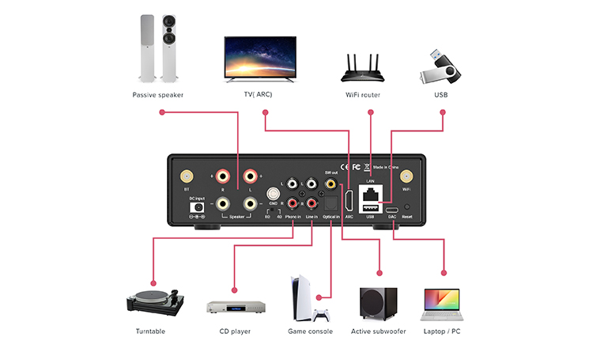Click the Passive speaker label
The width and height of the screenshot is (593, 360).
(157, 96)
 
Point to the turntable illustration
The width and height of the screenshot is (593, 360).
(155, 299)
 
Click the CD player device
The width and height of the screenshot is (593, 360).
(235, 306)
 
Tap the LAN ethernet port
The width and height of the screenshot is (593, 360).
(370, 193)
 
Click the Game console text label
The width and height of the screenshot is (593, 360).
(310, 332)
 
